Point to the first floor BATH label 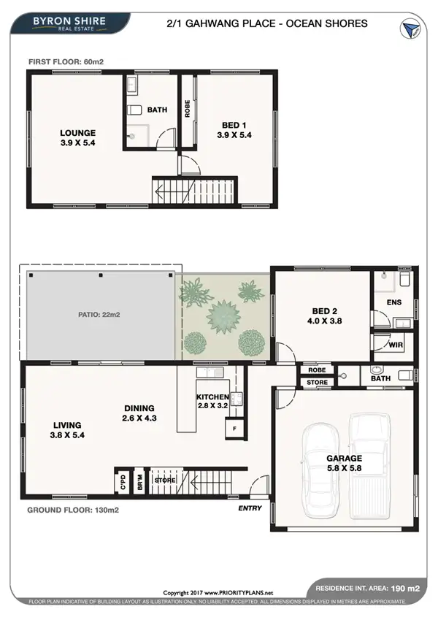[x=158, y=110]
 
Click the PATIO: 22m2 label [x=100, y=315]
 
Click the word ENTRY [x=250, y=508]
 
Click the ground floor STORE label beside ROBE [x=318, y=382]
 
